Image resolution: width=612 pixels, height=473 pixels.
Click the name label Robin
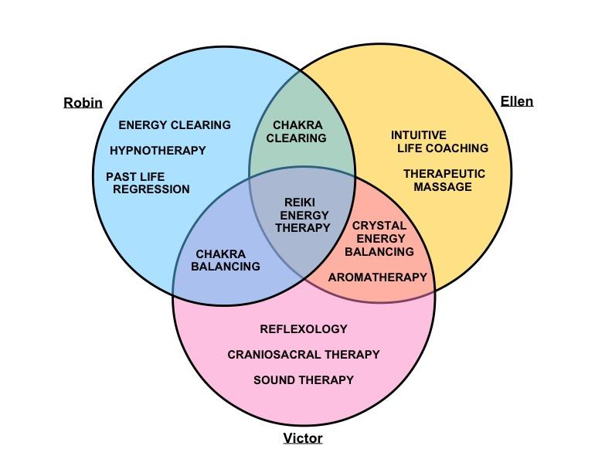click(83, 103)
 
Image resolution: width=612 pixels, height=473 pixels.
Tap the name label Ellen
click(516, 101)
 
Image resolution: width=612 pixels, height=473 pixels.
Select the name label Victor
click(302, 438)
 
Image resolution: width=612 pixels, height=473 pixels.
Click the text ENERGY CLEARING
click(174, 124)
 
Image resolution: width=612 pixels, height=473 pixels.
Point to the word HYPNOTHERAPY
click(158, 150)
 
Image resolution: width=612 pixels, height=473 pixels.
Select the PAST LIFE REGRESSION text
click(148, 182)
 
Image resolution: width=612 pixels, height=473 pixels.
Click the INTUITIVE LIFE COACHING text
click(440, 141)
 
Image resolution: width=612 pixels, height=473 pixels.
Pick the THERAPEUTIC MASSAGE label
click(444, 180)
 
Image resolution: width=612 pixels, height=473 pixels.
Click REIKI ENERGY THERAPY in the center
click(304, 215)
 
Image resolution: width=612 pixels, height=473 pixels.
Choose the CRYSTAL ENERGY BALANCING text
click(379, 238)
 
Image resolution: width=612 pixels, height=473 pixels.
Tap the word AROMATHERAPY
click(377, 277)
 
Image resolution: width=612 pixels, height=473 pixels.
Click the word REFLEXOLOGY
click(304, 328)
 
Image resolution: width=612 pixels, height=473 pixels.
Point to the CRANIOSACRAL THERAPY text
click(304, 354)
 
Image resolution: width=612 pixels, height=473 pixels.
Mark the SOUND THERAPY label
click(304, 379)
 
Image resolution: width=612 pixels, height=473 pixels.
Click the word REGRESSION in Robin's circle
click(151, 189)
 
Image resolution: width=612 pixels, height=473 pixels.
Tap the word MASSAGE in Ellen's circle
click(442, 186)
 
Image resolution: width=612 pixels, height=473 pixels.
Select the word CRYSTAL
click(379, 226)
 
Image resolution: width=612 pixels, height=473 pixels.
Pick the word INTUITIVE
click(418, 135)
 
